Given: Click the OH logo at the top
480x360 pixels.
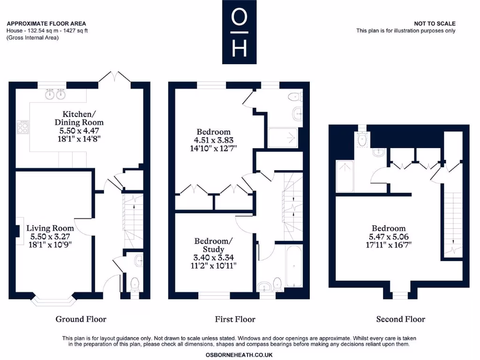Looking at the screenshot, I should click(239, 32).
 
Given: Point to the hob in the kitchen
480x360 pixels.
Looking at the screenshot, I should click(22, 127).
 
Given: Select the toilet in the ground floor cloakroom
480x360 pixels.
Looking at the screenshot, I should click(135, 283).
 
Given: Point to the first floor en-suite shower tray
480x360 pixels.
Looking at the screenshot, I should click(283, 137).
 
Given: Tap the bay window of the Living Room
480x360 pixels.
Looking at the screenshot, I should click(53, 301).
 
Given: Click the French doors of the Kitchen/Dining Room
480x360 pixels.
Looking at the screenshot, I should click(114, 77).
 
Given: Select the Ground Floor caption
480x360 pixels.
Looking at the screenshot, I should click(81, 319).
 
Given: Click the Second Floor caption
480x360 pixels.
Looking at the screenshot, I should click(400, 319).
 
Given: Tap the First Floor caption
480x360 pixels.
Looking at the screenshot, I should click(235, 319).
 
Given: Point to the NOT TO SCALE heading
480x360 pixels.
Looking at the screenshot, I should click(435, 23).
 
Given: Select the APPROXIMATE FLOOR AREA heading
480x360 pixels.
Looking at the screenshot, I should click(46, 23).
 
